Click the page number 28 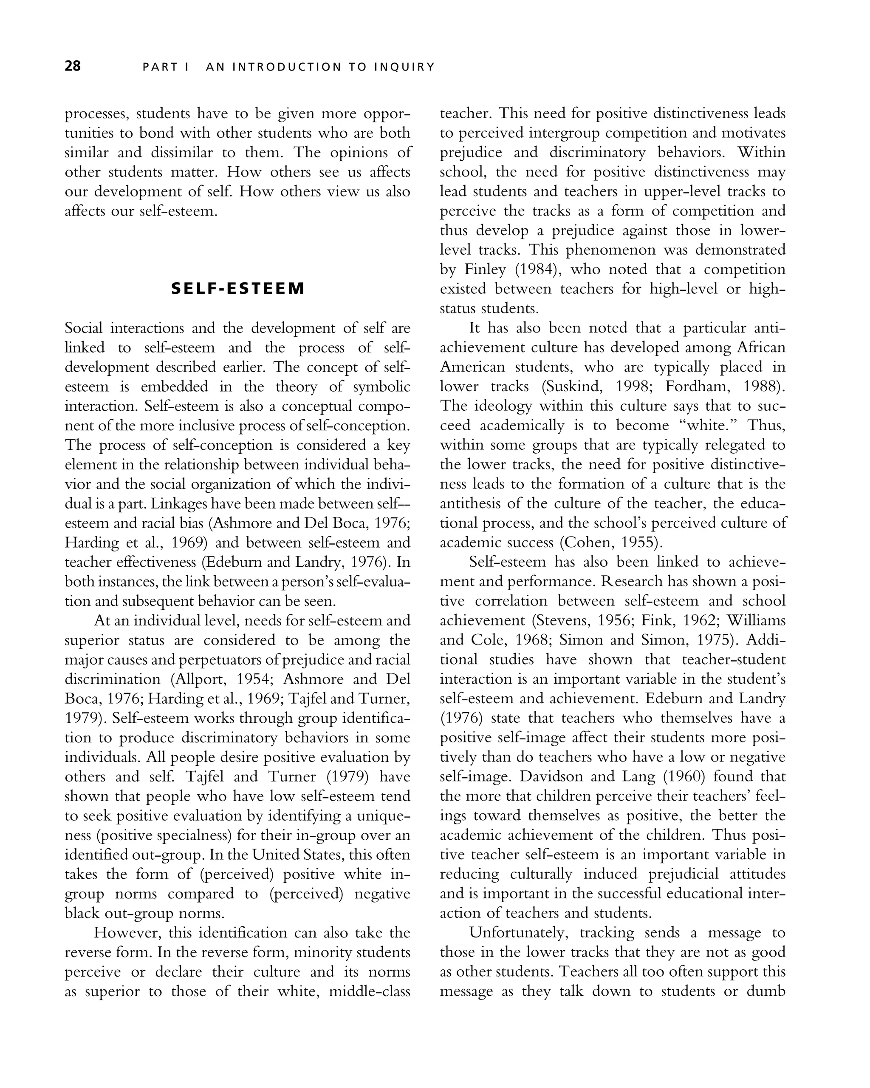coord(73,66)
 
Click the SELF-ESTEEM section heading coord(238,288)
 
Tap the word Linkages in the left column coord(178,504)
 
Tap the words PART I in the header coord(165,67)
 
